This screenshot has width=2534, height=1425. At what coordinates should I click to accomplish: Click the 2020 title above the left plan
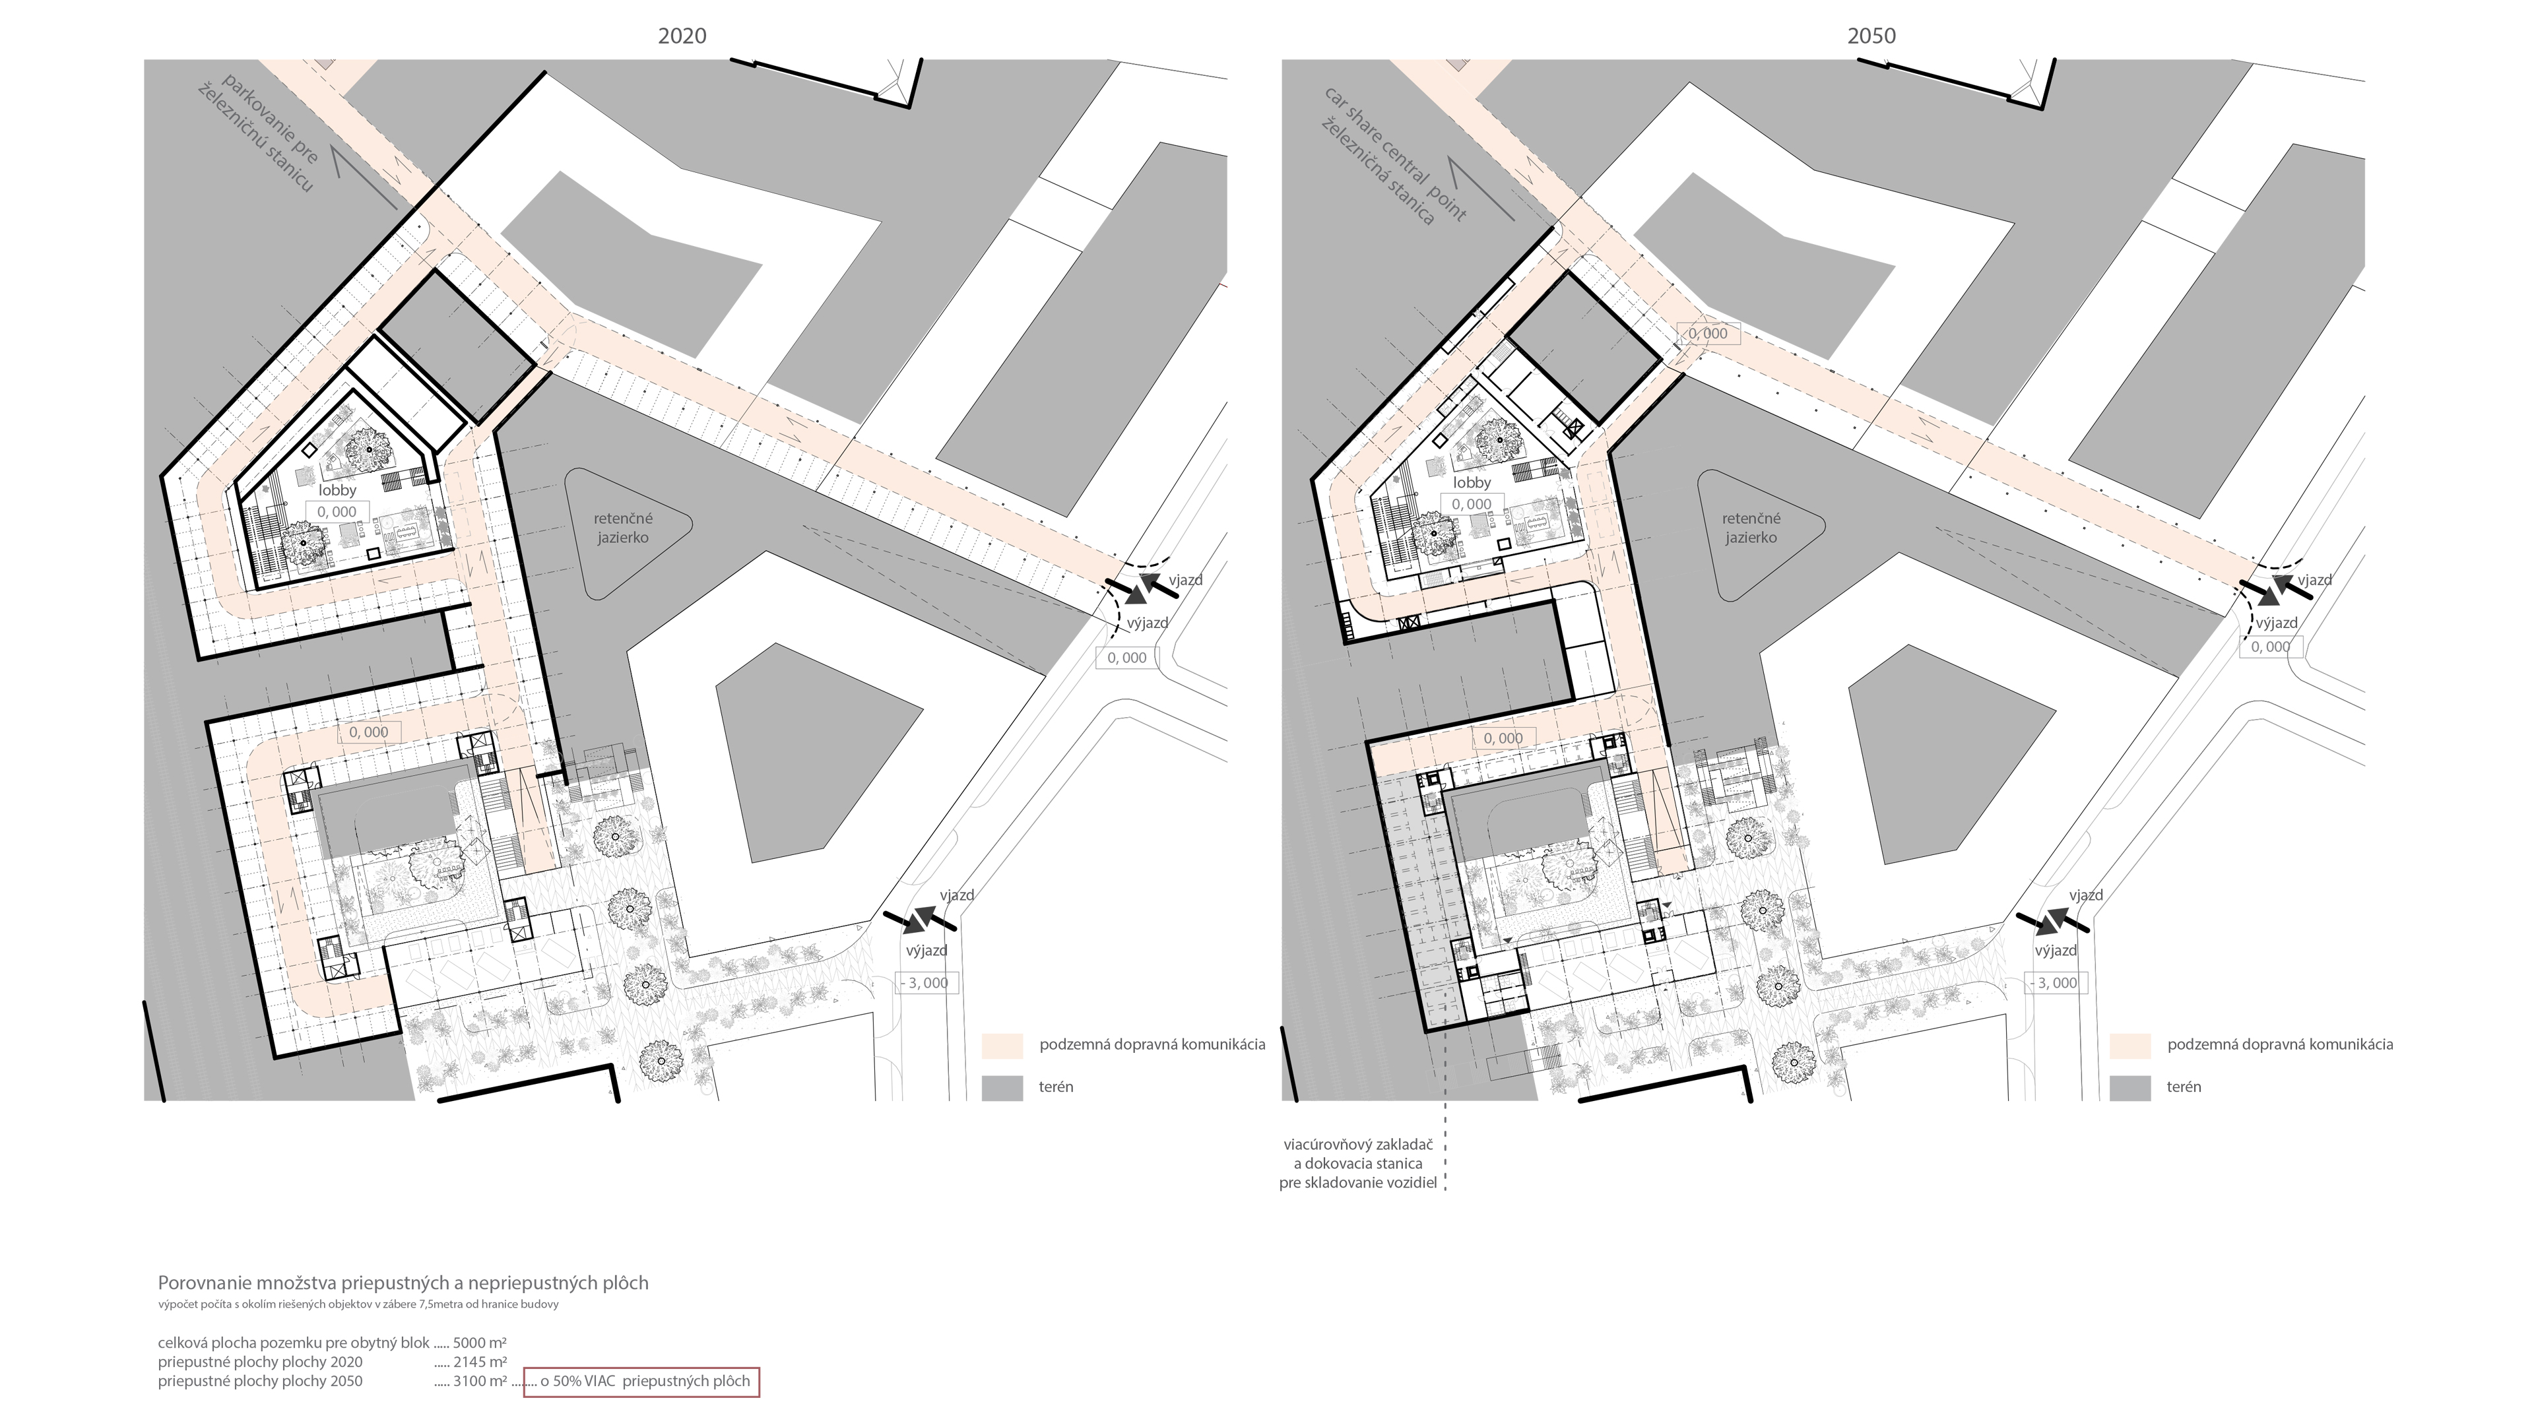point(682,36)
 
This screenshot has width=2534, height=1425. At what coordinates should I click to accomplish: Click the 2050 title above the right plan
point(1871,36)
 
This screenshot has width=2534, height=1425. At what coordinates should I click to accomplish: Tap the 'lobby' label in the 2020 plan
point(337,490)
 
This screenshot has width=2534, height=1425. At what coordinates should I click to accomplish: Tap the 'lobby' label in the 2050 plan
point(1472,483)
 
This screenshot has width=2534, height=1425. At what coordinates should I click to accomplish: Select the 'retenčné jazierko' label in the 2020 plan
point(623,528)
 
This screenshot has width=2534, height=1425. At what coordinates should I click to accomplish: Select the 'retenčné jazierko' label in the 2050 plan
point(1751,528)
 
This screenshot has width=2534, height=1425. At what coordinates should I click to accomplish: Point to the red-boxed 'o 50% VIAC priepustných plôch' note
point(641,1381)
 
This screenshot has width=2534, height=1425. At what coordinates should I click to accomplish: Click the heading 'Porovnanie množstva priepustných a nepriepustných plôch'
point(403,1283)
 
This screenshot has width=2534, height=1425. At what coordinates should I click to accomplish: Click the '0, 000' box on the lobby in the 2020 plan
point(337,511)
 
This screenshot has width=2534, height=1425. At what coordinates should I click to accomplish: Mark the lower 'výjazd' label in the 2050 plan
point(2056,951)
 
